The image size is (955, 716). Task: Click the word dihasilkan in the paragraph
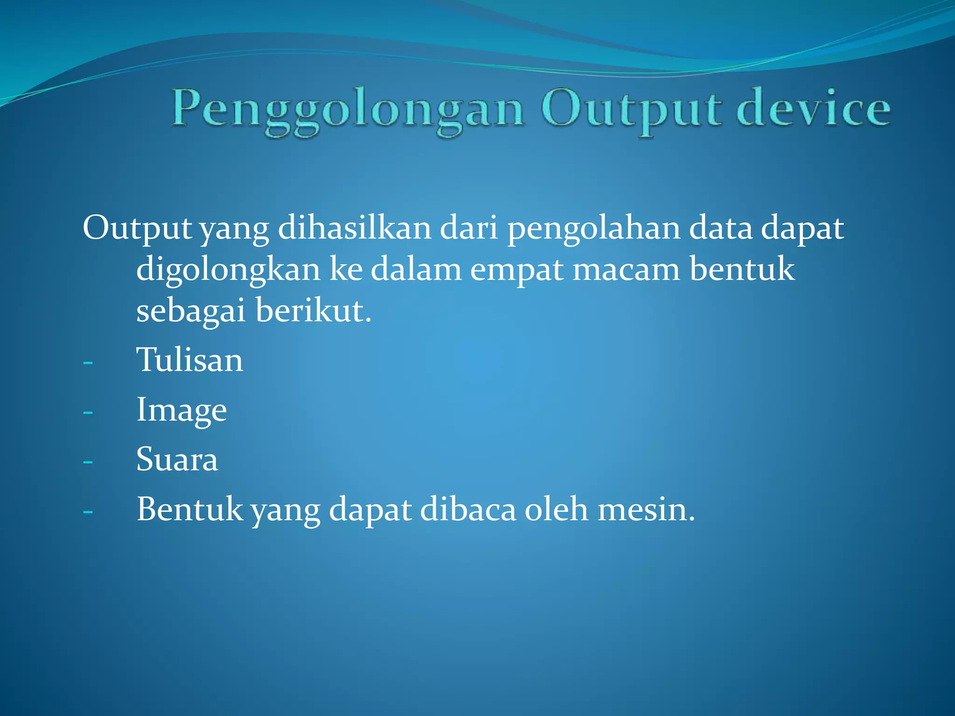click(x=354, y=228)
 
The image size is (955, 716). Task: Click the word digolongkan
click(x=228, y=270)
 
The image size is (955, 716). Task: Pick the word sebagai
click(x=191, y=311)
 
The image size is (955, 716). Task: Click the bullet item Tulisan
click(x=189, y=360)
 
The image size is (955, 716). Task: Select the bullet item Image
click(x=181, y=411)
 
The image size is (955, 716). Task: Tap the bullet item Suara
click(x=177, y=460)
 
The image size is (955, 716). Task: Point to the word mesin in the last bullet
click(x=646, y=509)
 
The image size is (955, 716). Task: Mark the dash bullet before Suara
click(x=88, y=462)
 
